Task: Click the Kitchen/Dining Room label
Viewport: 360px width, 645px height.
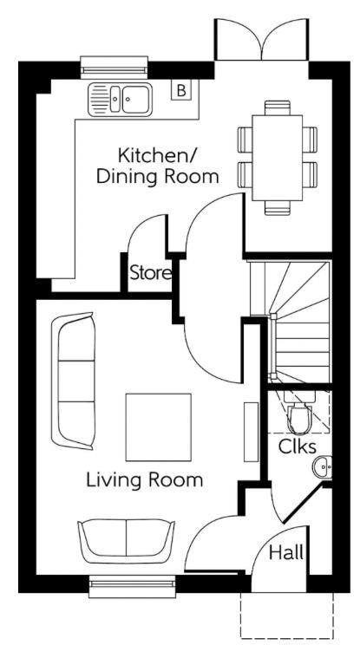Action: click(168, 166)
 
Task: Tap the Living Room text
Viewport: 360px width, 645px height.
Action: click(144, 479)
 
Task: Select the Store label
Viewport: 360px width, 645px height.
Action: click(150, 273)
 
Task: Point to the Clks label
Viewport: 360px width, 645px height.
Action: click(298, 446)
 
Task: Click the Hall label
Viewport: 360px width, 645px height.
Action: click(285, 552)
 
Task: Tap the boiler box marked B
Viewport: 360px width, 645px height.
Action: click(182, 90)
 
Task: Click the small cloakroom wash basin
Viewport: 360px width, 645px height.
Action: click(321, 468)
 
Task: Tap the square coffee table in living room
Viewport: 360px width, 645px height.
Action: click(158, 427)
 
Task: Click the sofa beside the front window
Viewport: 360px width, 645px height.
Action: click(127, 539)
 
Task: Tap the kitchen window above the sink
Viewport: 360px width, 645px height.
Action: click(115, 67)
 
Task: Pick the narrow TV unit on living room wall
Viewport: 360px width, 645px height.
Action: click(251, 432)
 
